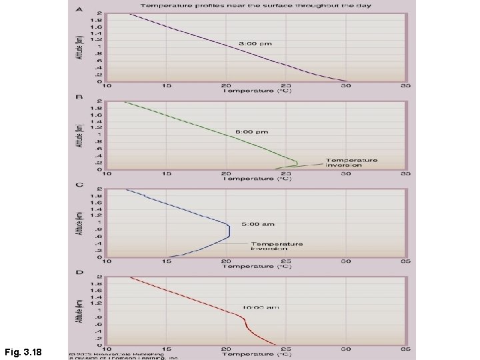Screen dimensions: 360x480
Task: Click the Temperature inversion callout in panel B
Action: (x=351, y=163)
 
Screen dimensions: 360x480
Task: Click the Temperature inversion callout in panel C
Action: (x=277, y=247)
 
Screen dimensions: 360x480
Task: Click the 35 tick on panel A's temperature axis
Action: (x=405, y=86)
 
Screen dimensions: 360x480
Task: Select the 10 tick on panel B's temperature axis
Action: (x=109, y=174)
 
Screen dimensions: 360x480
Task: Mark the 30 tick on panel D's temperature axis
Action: (x=346, y=349)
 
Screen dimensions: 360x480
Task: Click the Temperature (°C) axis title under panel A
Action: (x=257, y=91)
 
